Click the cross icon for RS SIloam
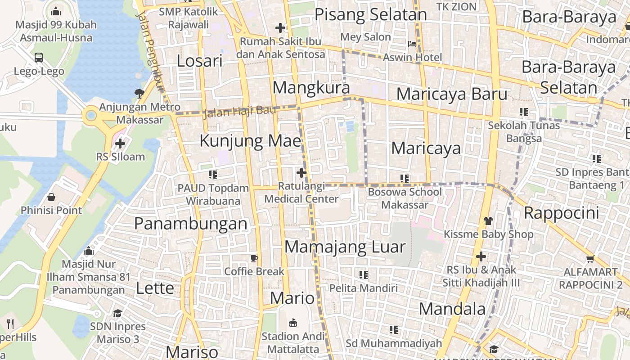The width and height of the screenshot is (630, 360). pos(120,144)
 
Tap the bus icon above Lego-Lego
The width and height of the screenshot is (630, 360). pos(39,58)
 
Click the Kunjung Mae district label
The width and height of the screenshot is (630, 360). pos(250,141)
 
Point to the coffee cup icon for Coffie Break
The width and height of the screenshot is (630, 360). pos(254,258)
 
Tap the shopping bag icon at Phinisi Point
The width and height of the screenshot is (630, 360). pos(51,197)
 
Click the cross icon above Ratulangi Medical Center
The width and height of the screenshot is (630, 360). pos(301,173)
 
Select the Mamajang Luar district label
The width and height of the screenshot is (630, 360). pos(345,247)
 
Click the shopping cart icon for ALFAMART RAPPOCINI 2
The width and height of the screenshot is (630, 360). pos(590,259)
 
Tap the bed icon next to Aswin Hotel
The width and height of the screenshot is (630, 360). pos(412,44)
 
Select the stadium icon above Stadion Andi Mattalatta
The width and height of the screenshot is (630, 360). pos(293,323)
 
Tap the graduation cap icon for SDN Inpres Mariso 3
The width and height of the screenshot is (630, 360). pos(117,313)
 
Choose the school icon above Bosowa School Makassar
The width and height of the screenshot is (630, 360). pos(405,179)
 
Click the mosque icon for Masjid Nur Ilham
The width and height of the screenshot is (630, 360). pos(89,251)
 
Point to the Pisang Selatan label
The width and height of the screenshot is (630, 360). pos(370,15)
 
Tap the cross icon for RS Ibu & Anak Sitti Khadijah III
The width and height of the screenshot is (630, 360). pos(481,257)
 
